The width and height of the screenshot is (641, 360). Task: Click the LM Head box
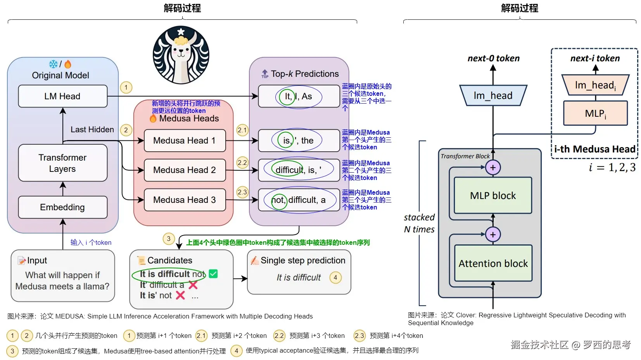62,96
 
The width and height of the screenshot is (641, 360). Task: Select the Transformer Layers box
62,163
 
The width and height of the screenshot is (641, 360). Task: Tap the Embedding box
62,207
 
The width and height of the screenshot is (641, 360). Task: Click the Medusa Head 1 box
185,140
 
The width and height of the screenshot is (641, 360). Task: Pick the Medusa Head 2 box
185,170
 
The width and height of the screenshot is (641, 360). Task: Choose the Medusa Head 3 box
185,200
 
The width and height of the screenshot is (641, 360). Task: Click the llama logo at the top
181,55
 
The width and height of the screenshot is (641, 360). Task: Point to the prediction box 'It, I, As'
299,96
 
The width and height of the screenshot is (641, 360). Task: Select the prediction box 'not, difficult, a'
299,200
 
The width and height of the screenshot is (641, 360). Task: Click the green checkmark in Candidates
213,274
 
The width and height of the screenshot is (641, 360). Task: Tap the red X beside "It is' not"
180,295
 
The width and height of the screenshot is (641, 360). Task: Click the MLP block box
493,196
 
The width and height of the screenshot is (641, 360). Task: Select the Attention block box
493,263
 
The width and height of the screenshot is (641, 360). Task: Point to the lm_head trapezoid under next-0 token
493,95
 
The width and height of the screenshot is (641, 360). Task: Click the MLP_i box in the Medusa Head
595,113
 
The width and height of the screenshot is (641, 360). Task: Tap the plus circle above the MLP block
493,168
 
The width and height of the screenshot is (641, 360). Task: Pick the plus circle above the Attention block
493,234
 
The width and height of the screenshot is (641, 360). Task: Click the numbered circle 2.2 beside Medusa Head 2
242,163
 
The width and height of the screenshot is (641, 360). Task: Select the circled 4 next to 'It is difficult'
335,277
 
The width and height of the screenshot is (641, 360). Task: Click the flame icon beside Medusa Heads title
153,118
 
